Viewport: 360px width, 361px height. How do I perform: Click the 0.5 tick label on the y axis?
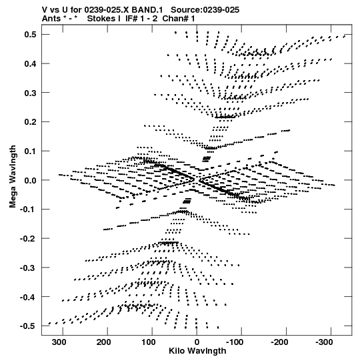[x=30, y=35]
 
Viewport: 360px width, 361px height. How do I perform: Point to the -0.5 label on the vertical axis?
[x=28, y=326]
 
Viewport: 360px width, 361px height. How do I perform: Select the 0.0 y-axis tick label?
[x=30, y=180]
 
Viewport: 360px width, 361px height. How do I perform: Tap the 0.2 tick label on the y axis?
[x=30, y=122]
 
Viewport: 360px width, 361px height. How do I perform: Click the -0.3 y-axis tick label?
[x=28, y=268]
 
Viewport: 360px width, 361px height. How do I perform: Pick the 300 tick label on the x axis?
[x=59, y=342]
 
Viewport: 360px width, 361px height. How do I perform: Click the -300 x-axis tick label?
[x=324, y=342]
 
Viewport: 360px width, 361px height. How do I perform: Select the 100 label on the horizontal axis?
[x=149, y=342]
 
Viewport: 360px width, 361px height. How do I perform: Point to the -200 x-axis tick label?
[x=279, y=342]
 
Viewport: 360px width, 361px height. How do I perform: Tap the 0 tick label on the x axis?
[x=197, y=342]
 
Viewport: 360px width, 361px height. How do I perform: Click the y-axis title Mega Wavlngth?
[x=13, y=177]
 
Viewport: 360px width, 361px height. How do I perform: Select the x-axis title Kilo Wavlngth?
[x=197, y=351]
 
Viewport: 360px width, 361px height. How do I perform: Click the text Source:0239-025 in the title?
[x=205, y=10]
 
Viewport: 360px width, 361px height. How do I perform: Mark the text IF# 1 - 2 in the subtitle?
[x=141, y=19]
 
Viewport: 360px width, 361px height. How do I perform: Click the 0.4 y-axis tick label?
[x=30, y=63]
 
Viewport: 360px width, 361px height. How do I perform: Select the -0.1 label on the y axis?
[x=28, y=210]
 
